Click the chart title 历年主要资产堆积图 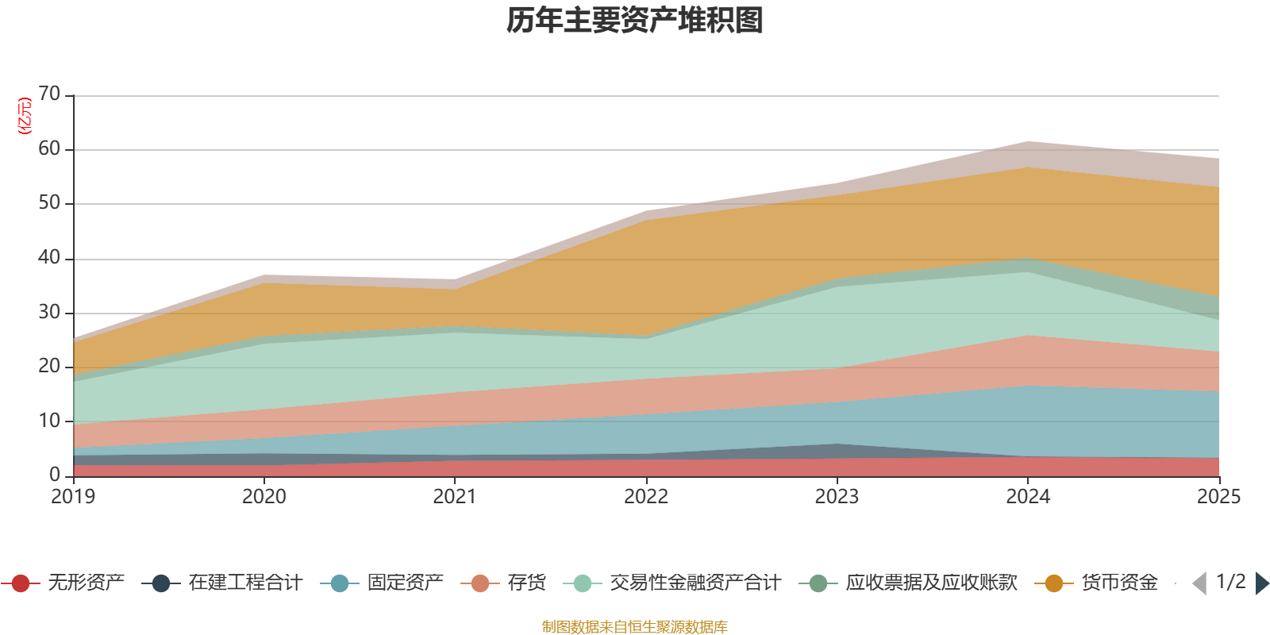(635, 21)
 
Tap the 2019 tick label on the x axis (73, 497)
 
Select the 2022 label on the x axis (646, 497)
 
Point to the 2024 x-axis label (1028, 497)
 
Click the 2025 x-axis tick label (1218, 497)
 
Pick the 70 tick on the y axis (49, 94)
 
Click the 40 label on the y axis (49, 258)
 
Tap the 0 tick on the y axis (55, 475)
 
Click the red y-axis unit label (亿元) (25, 116)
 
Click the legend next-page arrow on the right (1261, 583)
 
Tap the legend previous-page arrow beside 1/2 (1199, 583)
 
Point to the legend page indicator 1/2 (1230, 582)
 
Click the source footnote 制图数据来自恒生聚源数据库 (635, 627)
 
